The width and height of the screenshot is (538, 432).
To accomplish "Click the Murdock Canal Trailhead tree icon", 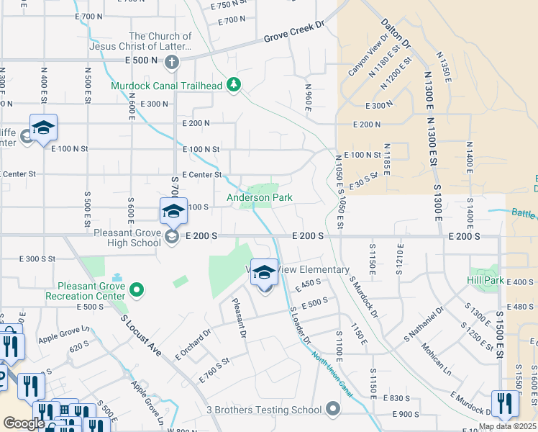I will coord(234,86).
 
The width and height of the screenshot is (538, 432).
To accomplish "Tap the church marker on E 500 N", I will coord(172,62).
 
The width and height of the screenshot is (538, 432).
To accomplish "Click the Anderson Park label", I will coord(260,197).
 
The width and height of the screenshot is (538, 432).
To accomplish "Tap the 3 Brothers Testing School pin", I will coord(332,410).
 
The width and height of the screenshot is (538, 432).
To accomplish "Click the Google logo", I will coord(24,423).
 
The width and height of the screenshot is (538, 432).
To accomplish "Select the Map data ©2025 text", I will coord(508,426).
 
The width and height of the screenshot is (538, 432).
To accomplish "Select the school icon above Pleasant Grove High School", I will coord(173,212).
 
